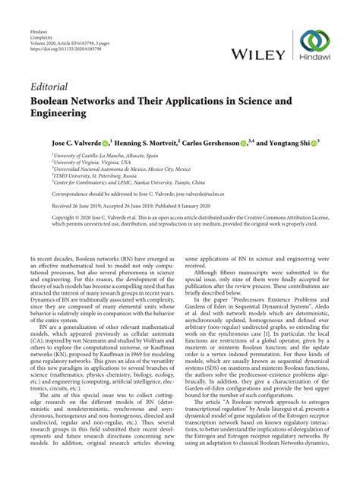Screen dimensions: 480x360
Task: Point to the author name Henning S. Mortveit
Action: [x=146, y=142]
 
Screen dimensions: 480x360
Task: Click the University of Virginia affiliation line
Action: [x=92, y=162]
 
